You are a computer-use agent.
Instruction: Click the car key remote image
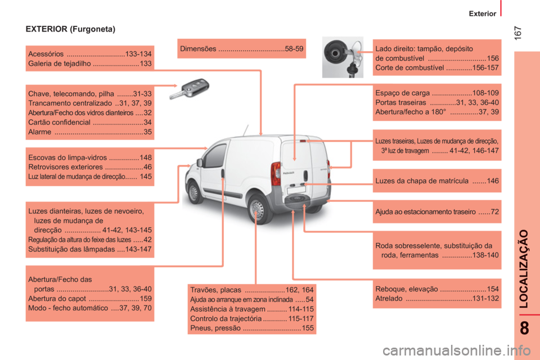190,89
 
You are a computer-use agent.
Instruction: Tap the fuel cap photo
343,57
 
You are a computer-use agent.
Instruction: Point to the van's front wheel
194,192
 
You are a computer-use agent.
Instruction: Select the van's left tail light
276,174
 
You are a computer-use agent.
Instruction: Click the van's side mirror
199,163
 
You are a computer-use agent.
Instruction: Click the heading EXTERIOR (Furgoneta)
71,29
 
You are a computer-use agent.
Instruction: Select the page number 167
518,33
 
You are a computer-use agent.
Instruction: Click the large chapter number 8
524,328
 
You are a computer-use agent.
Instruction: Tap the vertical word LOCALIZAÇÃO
524,269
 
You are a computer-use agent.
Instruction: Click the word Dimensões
198,48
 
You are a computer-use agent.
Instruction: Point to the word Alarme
39,132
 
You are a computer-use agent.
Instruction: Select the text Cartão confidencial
59,122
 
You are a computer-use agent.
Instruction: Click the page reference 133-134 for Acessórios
138,54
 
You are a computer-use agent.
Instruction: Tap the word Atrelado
389,298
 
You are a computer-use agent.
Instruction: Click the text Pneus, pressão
215,328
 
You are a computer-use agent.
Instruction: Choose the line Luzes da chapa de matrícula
422,181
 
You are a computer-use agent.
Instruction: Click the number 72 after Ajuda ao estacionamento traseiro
494,211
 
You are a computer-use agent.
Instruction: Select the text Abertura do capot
57,298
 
